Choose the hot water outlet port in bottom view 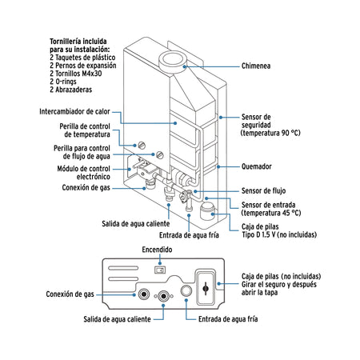(165, 297)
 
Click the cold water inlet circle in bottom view (189, 293)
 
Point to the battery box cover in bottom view (208, 286)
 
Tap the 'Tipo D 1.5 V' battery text (278, 236)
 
